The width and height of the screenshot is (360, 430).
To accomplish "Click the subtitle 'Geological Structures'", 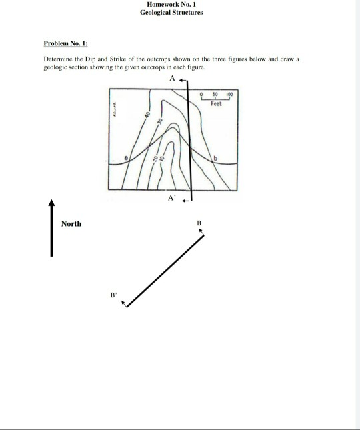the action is tap(171, 13).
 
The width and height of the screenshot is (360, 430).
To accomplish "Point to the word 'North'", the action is tap(71, 223).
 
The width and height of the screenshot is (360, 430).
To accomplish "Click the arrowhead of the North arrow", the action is tap(50, 201).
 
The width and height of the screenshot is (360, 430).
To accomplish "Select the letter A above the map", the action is tap(172, 78).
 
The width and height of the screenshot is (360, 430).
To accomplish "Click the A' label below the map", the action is tap(172, 198).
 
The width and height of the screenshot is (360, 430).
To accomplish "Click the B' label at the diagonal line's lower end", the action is tap(113, 293).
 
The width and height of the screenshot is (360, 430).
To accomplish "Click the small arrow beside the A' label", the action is tap(187, 199).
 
